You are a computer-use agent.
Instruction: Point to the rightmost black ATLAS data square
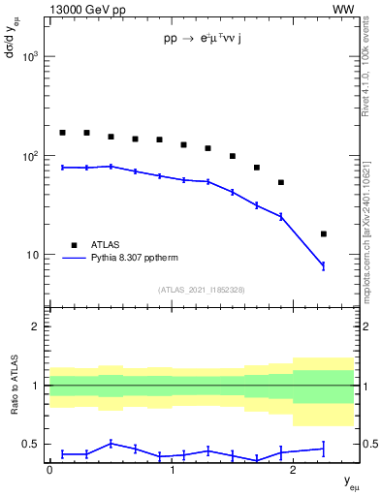click(324, 233)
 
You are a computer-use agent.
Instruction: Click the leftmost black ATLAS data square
click(62, 133)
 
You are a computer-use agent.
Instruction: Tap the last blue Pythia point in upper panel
click(324, 265)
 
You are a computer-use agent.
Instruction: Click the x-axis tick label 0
click(49, 470)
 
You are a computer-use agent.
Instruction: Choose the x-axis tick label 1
click(172, 470)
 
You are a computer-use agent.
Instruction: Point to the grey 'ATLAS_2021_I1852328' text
click(202, 290)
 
